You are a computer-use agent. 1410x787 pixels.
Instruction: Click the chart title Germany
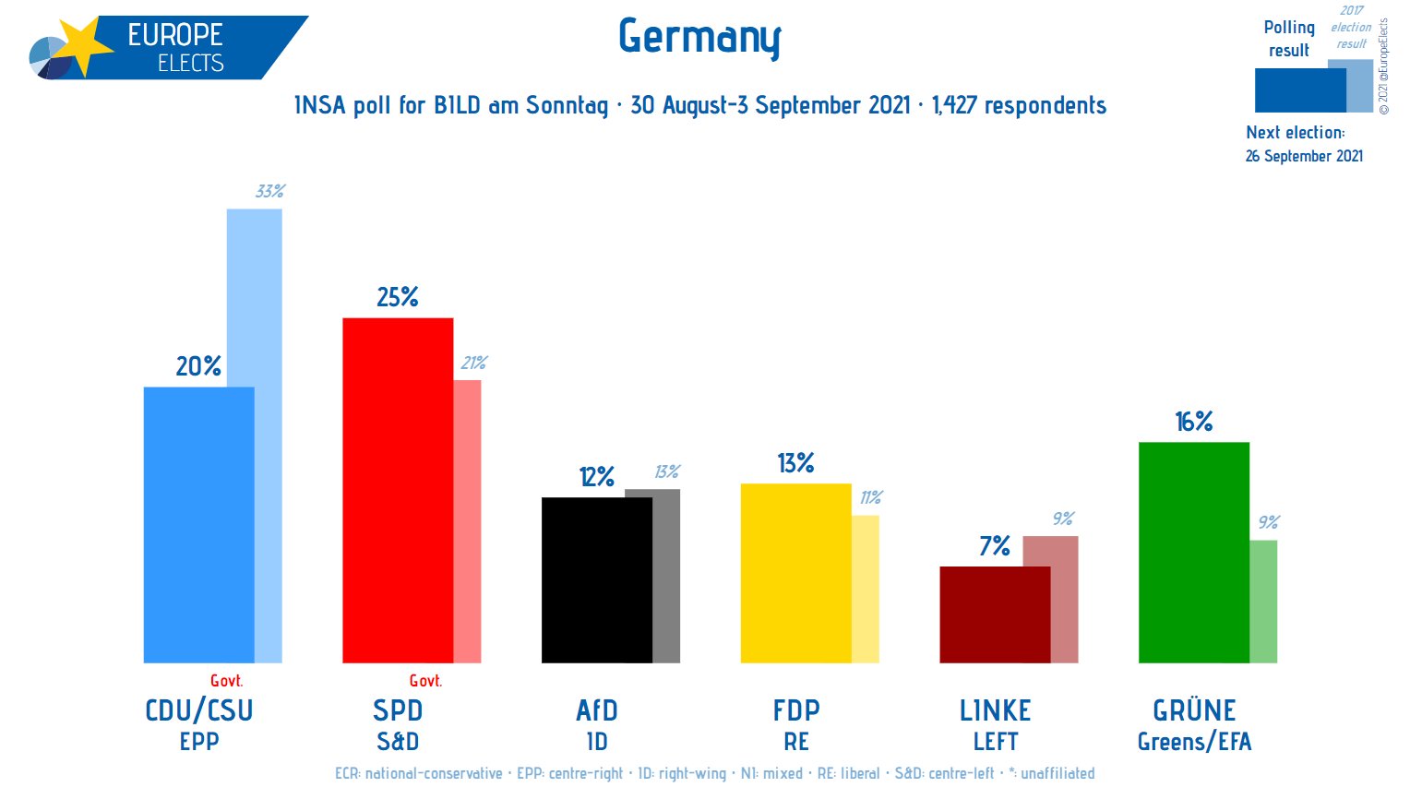tap(699, 38)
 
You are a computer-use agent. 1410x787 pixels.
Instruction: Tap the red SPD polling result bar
tap(398, 490)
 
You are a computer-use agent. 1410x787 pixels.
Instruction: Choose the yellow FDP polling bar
tap(795, 573)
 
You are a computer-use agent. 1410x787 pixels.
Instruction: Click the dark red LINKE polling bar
tap(995, 614)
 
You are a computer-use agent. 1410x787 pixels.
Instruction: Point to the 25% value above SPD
tap(398, 297)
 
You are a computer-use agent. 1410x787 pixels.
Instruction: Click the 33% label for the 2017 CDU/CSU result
tap(269, 192)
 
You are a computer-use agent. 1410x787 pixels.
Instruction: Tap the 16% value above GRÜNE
tap(1193, 422)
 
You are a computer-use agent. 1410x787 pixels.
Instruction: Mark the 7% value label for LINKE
tap(995, 546)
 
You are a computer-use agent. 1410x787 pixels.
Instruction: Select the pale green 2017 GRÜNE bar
tap(1263, 601)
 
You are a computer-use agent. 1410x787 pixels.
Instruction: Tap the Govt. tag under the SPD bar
tap(425, 681)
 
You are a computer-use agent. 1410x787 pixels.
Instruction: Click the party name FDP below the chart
tap(795, 710)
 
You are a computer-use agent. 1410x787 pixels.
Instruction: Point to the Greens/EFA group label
tap(1194, 742)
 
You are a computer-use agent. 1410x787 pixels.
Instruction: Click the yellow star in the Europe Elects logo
tap(81, 46)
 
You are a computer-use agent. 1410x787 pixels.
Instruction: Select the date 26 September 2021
tap(1304, 156)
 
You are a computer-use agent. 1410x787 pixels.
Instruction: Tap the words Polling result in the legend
tap(1288, 39)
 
